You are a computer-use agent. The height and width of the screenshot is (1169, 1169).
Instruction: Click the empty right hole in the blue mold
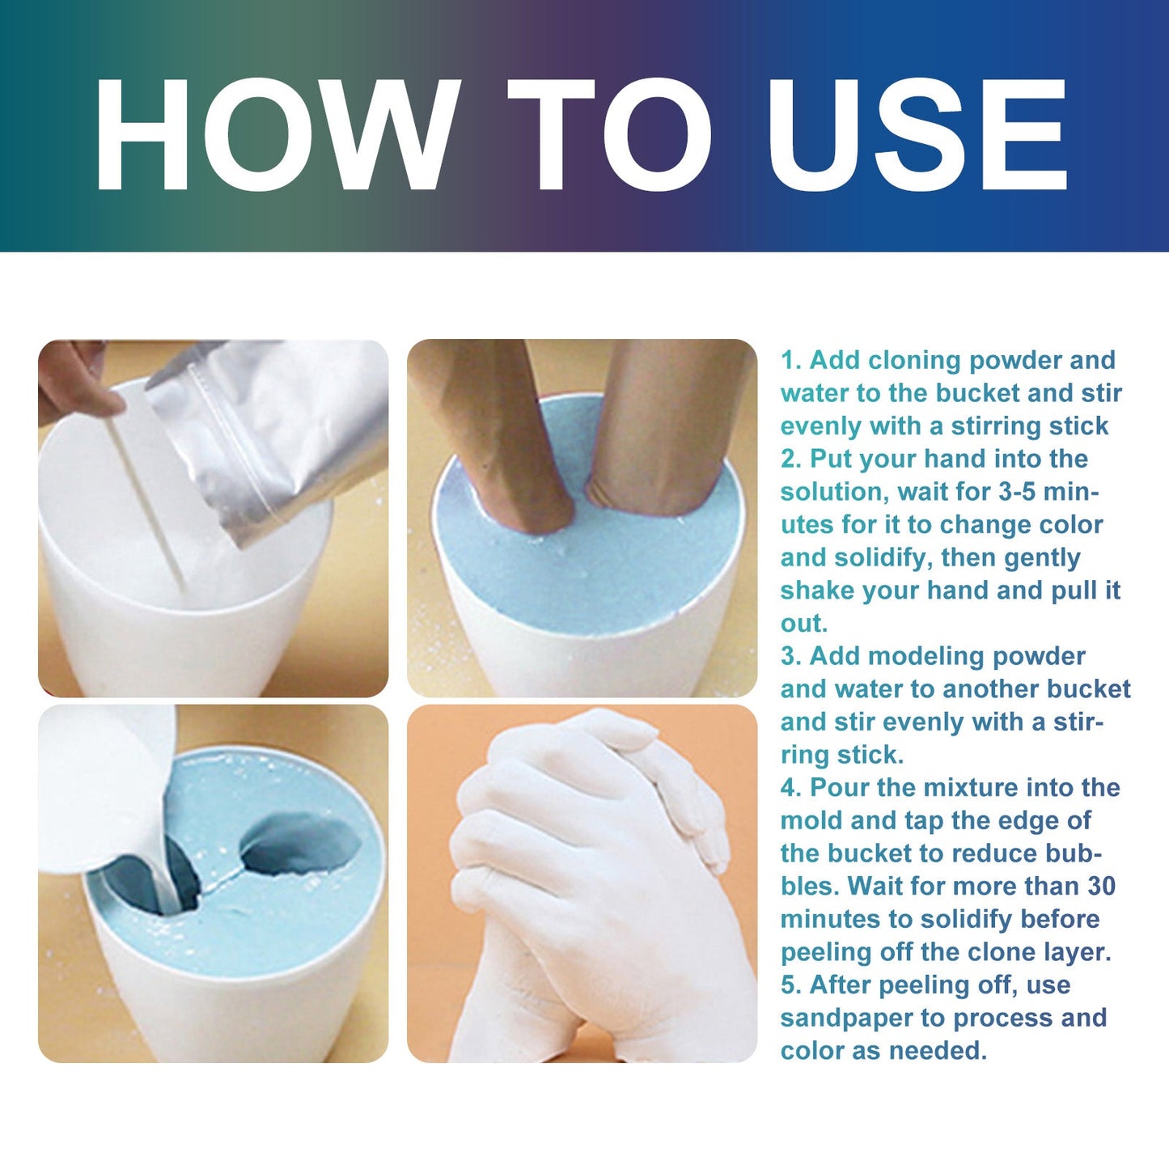(301, 845)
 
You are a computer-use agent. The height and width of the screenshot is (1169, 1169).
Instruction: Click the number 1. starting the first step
(790, 361)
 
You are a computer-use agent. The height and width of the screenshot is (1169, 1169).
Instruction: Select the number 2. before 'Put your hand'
(790, 460)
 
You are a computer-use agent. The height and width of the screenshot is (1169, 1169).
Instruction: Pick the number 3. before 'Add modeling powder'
(790, 657)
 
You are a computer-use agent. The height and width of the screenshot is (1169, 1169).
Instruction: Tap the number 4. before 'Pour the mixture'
(790, 788)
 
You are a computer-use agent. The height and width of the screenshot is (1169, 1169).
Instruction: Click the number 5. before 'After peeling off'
(790, 985)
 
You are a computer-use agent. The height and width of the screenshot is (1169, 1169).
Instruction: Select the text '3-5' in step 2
(1017, 492)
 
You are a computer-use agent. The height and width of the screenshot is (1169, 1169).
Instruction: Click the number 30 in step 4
(1101, 887)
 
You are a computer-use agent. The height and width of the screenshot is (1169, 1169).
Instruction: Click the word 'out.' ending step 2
(804, 624)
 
